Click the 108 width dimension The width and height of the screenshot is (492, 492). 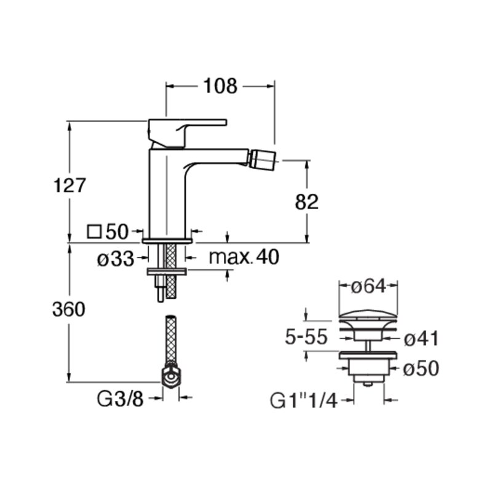pos(220,85)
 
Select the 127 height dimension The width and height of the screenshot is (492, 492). pos(69,185)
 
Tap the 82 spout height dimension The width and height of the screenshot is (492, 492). pos(306,202)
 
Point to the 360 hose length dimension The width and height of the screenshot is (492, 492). pos(69,309)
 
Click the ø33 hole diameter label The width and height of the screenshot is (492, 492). pos(116,259)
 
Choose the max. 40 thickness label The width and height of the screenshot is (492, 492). pos(244,257)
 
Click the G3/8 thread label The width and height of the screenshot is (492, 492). pos(120,399)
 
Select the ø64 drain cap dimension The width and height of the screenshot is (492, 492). pos(368,287)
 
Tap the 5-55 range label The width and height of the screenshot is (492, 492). pos(306,337)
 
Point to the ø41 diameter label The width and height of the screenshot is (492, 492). pos(421,339)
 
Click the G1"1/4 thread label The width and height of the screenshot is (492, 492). pos(303,401)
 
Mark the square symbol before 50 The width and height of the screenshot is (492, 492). pos(94,232)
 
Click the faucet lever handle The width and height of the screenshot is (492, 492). pos(187,132)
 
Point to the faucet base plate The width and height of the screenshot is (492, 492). pos(167,240)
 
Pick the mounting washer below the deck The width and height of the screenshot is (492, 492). pos(167,272)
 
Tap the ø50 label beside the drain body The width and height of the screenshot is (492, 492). pos(421,368)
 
